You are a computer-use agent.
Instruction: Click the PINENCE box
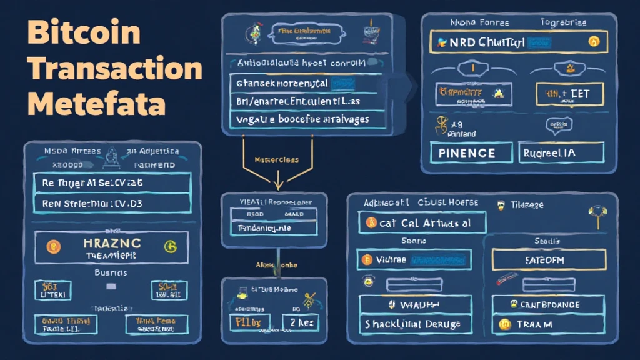467,153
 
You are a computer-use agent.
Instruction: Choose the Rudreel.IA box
561,153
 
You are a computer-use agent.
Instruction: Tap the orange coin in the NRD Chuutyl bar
594,42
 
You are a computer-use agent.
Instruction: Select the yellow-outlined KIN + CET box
563,94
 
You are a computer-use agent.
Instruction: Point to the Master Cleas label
276,159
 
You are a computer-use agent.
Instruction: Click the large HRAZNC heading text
112,244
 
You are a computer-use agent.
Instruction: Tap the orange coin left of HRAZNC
55,248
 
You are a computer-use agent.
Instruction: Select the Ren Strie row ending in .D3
112,203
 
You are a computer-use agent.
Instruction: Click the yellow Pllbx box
249,323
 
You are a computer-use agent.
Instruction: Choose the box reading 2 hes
297,323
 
